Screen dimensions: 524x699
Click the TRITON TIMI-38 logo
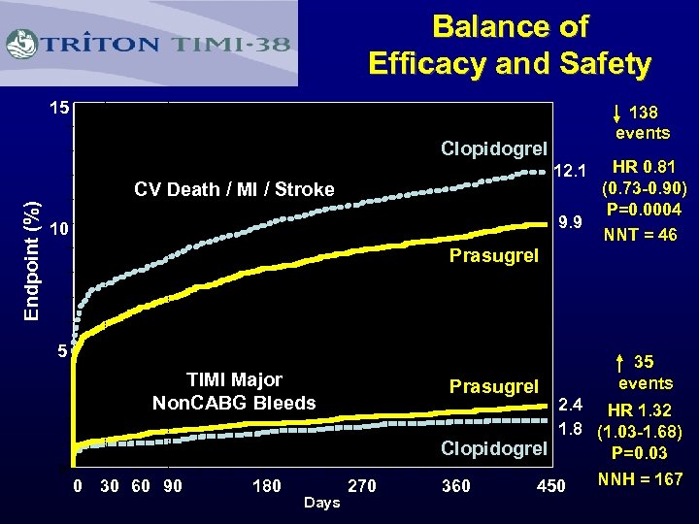coord(150,44)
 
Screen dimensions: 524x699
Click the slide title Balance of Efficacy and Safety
coord(509,45)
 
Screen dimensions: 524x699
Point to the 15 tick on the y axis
coord(59,108)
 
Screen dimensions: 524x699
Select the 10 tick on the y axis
coord(59,230)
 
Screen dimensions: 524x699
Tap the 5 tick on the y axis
coord(60,351)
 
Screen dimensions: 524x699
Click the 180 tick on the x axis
coord(267,485)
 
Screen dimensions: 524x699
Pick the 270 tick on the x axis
coord(361,485)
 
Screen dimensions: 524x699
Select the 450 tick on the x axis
coord(550,485)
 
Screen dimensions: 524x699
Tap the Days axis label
coord(321,503)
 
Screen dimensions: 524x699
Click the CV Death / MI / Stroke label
coord(233,189)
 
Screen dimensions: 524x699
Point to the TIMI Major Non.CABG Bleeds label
coord(234,391)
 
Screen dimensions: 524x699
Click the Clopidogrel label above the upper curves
coord(494,148)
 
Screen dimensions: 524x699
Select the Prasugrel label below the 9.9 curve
coord(493,257)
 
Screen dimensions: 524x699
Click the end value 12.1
coord(567,172)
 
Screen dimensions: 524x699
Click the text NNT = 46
coord(640,235)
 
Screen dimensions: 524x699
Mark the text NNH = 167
coord(640,479)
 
